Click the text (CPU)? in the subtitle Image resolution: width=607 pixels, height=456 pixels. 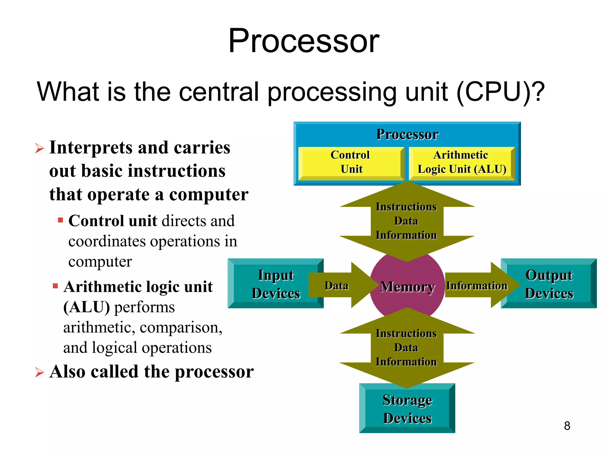[500, 92]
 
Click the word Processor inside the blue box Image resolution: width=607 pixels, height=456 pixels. [407, 134]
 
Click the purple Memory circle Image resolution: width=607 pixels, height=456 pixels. [407, 287]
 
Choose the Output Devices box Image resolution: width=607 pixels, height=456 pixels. [549, 284]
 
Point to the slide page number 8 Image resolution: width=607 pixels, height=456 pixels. [567, 426]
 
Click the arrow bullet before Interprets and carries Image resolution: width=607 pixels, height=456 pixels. [39, 148]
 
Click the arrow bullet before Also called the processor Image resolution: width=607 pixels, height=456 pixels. [39, 372]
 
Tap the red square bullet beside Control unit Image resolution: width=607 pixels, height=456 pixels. [60, 220]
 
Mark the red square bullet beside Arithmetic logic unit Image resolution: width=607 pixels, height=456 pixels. [55, 286]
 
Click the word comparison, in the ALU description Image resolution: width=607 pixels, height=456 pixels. [181, 328]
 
